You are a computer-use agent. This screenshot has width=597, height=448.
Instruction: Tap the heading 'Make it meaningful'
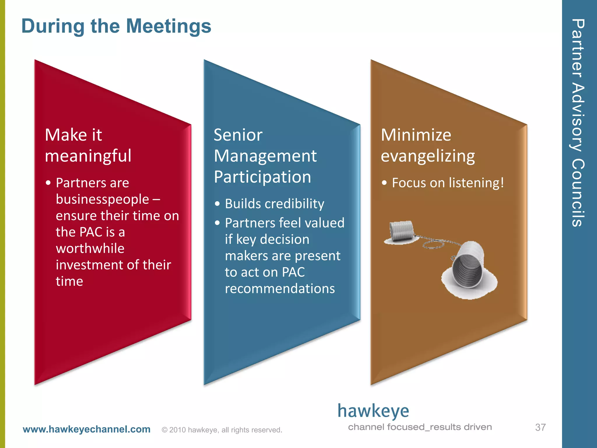coord(88,145)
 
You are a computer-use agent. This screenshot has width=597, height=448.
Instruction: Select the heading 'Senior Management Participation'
coord(265,156)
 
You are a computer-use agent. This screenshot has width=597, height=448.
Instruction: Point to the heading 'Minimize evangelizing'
coord(428,145)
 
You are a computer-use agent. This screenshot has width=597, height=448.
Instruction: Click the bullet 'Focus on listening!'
coord(448,183)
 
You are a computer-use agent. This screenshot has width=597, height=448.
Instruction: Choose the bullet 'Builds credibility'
coord(274,204)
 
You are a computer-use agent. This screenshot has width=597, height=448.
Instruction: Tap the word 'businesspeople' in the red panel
coord(102,199)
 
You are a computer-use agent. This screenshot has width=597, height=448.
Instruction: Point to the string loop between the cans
coord(434,244)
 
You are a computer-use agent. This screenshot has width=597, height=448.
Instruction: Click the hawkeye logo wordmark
coord(373,411)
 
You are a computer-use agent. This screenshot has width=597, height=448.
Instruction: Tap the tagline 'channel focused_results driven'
coord(420,427)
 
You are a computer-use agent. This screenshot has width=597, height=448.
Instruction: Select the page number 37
coord(540,428)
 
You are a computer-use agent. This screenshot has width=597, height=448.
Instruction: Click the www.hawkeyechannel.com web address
coord(87,429)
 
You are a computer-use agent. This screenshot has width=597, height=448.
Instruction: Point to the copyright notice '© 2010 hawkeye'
coord(222,430)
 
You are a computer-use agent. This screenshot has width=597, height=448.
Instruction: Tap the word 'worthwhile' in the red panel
coord(90,249)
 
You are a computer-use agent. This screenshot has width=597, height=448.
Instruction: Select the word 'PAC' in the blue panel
coord(293,272)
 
